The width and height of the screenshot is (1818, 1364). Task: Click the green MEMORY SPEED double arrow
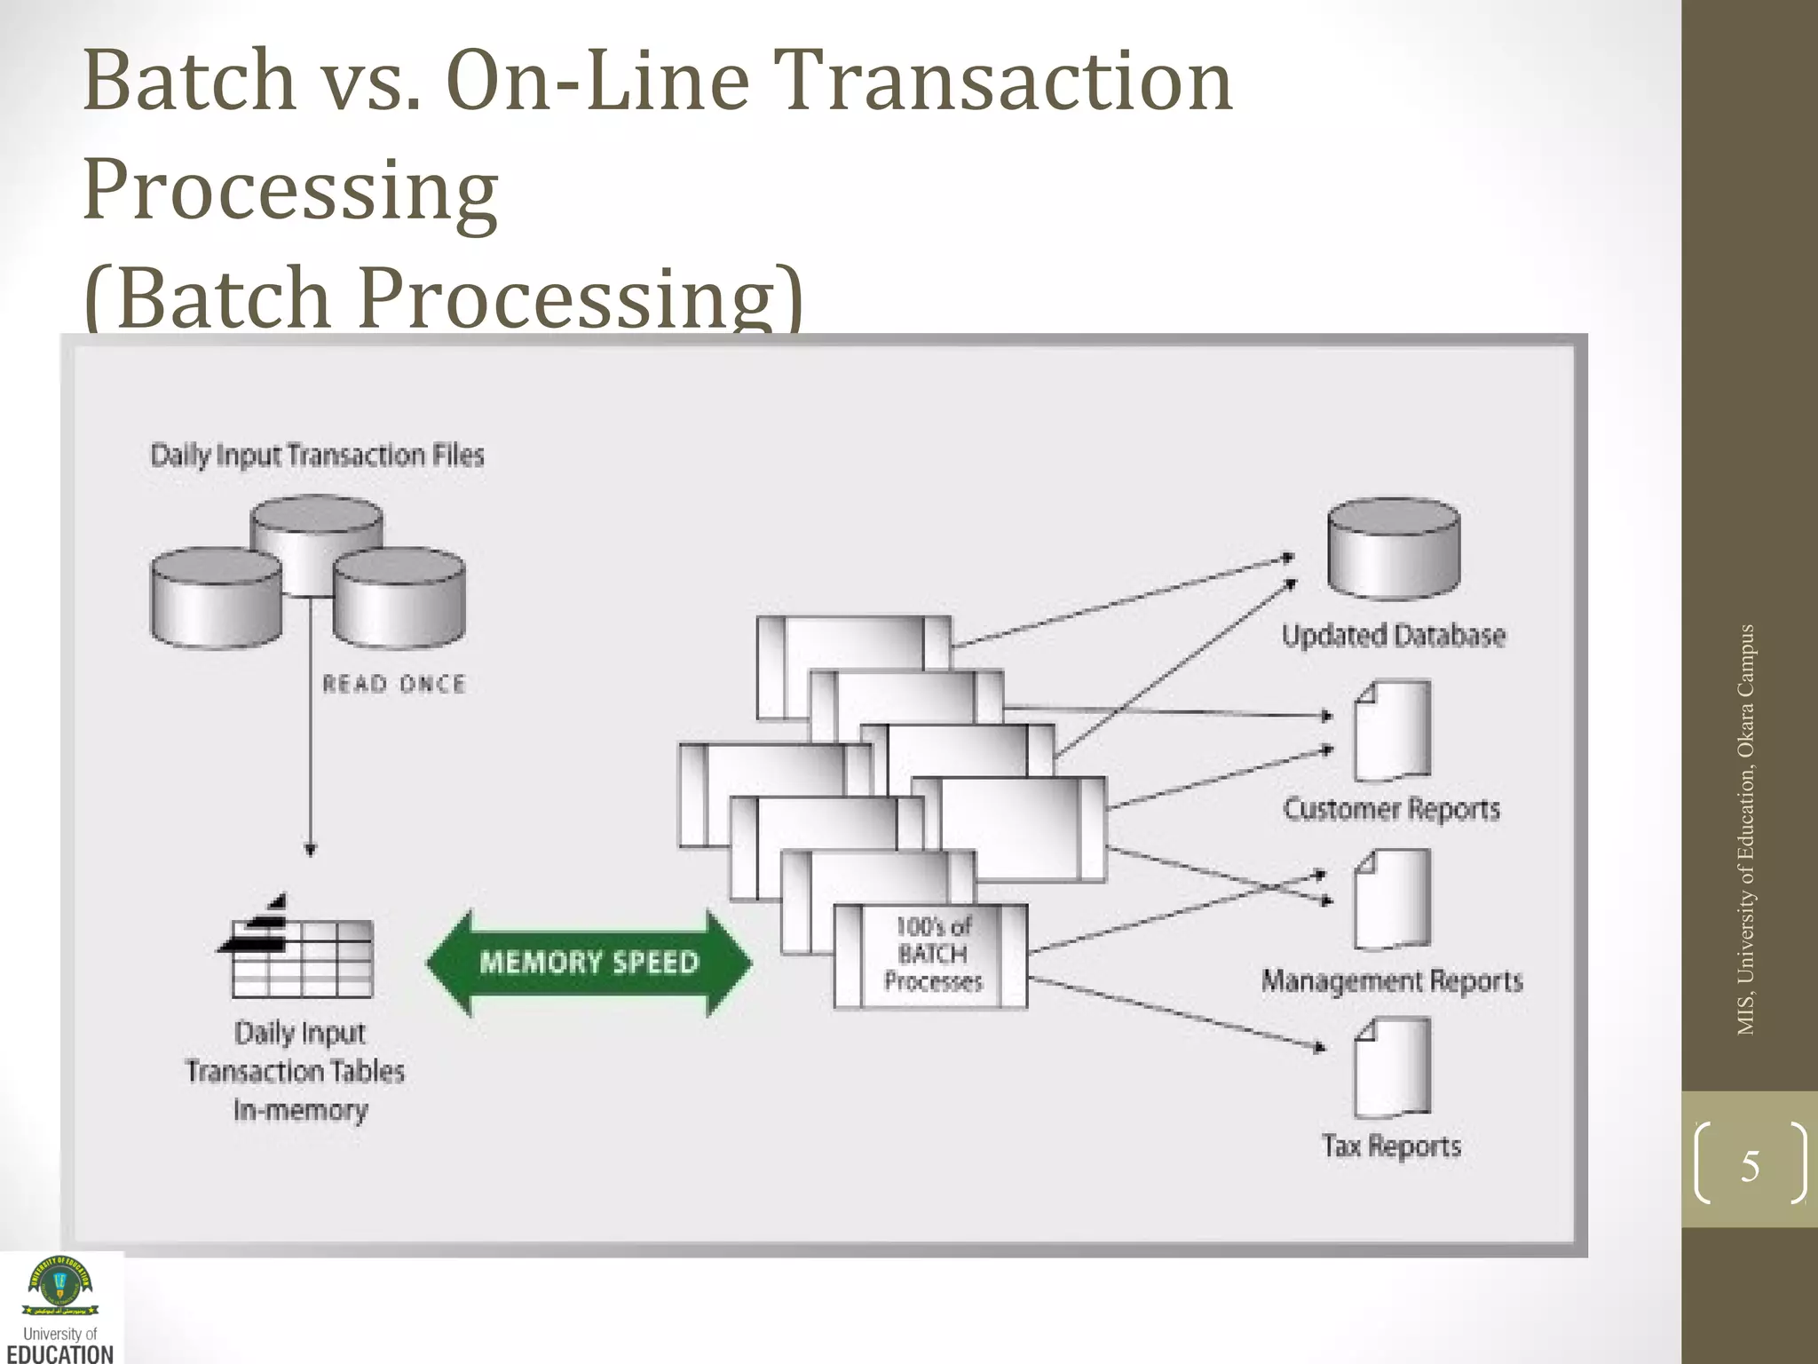coord(589,963)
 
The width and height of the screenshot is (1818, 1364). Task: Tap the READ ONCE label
coord(393,684)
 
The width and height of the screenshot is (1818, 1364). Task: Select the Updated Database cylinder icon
coord(1393,548)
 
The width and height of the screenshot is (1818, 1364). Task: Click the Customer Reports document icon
coord(1392,731)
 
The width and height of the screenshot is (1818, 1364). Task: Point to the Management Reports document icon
coord(1392,900)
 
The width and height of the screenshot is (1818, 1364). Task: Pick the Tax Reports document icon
coord(1392,1068)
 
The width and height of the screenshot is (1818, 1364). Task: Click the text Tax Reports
coord(1391,1146)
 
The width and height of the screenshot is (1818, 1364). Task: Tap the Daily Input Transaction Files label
coord(317,456)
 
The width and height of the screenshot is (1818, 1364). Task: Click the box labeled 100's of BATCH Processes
coord(931,956)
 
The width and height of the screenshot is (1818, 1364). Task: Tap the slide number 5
coord(1750,1166)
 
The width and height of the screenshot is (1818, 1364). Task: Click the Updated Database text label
coord(1393,636)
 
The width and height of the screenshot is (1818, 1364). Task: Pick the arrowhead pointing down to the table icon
coord(310,849)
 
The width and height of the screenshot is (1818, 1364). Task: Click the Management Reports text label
coord(1391,981)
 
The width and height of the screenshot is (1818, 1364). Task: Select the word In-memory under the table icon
coord(300,1110)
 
